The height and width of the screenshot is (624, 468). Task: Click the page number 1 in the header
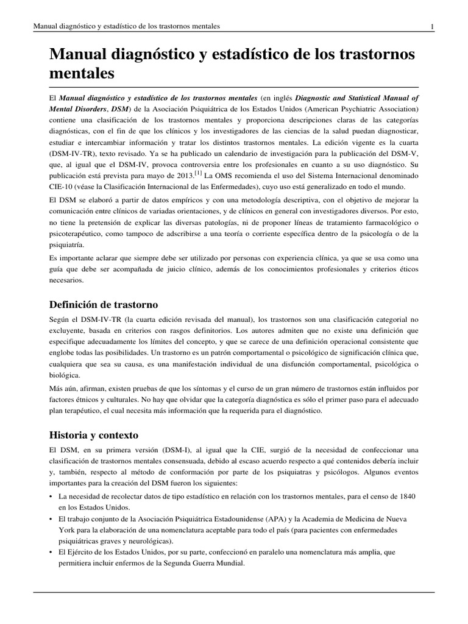[431, 26]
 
